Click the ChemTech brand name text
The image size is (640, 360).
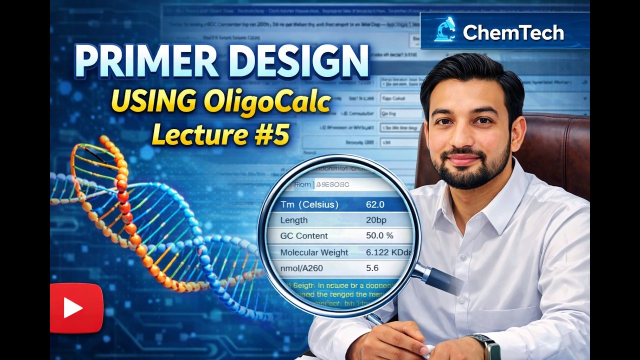[x=513, y=33]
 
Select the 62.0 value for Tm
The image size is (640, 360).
[x=375, y=204]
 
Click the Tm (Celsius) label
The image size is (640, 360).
[x=309, y=204]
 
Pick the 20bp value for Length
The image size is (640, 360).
[x=376, y=220]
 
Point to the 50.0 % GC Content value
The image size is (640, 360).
[x=379, y=235]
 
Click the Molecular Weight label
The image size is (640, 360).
[x=314, y=252]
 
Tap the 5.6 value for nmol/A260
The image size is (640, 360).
[x=372, y=268]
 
